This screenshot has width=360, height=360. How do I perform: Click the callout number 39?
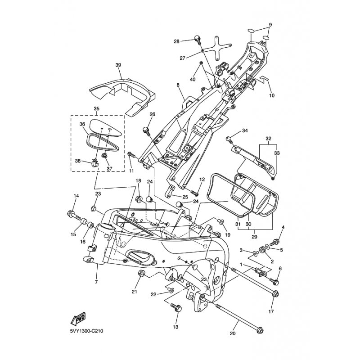118,65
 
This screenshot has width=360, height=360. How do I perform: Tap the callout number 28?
176,41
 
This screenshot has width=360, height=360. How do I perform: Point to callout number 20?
232,334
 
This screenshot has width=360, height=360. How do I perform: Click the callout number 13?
175,327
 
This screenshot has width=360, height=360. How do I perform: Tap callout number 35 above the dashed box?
96,108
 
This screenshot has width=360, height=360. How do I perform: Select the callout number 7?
96,282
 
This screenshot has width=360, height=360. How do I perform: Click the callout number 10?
271,96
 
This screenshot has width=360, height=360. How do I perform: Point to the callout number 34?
245,131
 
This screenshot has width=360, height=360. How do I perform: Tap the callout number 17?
271,311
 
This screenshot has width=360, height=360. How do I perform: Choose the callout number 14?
76,196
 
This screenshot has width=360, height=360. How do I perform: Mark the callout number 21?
134,292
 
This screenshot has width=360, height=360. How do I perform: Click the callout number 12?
202,180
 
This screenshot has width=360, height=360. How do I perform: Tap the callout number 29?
254,237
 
